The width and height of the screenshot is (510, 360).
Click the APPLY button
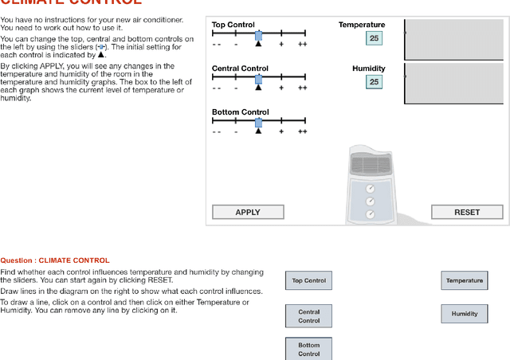(248, 212)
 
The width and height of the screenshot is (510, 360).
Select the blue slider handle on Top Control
(258, 35)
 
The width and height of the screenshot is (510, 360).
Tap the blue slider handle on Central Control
(258, 78)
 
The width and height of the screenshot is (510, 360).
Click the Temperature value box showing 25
(374, 38)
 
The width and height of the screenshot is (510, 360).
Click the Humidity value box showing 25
(374, 81)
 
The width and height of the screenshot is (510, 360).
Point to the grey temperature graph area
(454, 40)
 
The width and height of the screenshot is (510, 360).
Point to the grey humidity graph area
(454, 83)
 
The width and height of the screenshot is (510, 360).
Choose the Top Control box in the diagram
(308, 280)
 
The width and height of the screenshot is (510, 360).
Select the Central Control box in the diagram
(308, 316)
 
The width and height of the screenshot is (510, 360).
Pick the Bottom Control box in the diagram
(308, 350)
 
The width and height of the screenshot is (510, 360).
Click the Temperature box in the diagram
(464, 280)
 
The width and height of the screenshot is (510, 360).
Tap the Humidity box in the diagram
(464, 313)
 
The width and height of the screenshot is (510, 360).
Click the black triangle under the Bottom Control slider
(258, 131)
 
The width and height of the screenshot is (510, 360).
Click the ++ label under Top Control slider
(302, 45)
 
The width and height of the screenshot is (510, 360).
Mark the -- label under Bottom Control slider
(216, 131)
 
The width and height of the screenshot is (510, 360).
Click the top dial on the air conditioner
(370, 189)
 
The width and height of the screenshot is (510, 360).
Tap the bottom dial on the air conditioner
(370, 214)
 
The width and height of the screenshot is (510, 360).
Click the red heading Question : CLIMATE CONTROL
(55, 260)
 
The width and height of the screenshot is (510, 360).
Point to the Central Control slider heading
(239, 68)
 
